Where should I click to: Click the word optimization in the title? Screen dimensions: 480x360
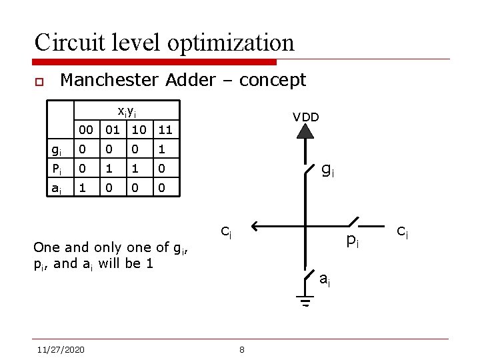(x=231, y=43)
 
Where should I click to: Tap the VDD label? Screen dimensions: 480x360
(x=306, y=117)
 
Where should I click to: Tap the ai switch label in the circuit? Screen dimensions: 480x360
(x=325, y=279)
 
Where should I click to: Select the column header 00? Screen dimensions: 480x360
(x=85, y=128)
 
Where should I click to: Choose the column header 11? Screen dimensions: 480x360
(x=165, y=128)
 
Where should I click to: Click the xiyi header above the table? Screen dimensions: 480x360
(x=126, y=110)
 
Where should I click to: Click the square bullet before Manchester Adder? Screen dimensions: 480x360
(x=39, y=82)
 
